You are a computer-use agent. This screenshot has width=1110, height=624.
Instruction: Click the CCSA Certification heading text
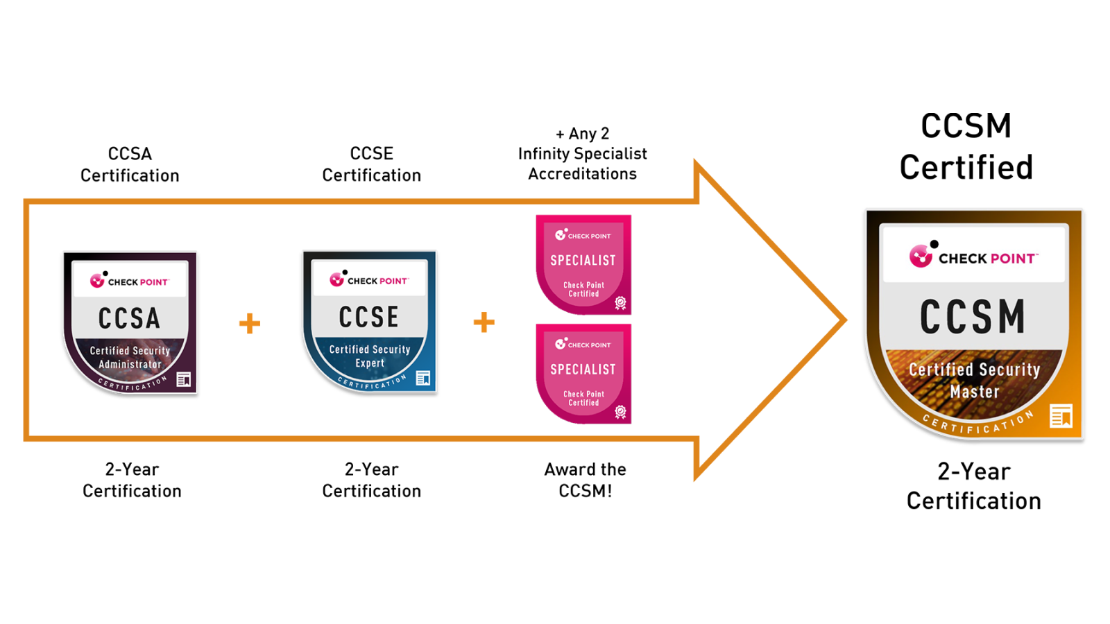click(x=130, y=164)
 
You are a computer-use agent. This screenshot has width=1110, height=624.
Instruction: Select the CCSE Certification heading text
click(x=371, y=164)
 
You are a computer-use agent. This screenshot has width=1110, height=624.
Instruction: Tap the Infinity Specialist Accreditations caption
click(x=582, y=154)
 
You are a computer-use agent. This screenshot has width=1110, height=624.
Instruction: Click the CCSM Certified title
click(x=966, y=146)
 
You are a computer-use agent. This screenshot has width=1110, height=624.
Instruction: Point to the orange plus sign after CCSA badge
click(x=250, y=323)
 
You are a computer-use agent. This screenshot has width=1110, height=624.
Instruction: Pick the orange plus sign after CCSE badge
click(x=484, y=322)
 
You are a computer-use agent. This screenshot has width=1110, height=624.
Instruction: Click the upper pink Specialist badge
click(x=583, y=263)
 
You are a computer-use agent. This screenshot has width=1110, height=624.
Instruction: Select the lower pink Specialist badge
click(x=583, y=373)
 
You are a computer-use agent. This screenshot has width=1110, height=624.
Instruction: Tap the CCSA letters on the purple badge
click(x=130, y=318)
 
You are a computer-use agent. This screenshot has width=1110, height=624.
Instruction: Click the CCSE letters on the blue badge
click(x=369, y=317)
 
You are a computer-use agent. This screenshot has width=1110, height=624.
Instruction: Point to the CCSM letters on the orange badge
click(x=973, y=317)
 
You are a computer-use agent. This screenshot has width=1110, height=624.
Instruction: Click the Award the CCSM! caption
click(x=585, y=480)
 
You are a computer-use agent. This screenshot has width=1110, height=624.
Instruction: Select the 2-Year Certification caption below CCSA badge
click(x=132, y=480)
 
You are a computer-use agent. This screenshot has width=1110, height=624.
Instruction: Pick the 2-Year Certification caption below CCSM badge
click(x=973, y=486)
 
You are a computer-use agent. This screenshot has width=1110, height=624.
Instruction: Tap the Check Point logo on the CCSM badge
click(x=973, y=257)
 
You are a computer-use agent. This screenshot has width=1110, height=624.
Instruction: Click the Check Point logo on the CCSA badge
click(x=130, y=281)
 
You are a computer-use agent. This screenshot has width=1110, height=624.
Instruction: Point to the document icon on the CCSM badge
click(x=1061, y=416)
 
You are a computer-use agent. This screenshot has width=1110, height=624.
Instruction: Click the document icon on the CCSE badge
click(x=423, y=378)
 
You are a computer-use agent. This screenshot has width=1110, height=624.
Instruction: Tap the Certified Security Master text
click(x=974, y=380)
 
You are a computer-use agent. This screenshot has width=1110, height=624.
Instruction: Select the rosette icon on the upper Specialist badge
click(x=620, y=303)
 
